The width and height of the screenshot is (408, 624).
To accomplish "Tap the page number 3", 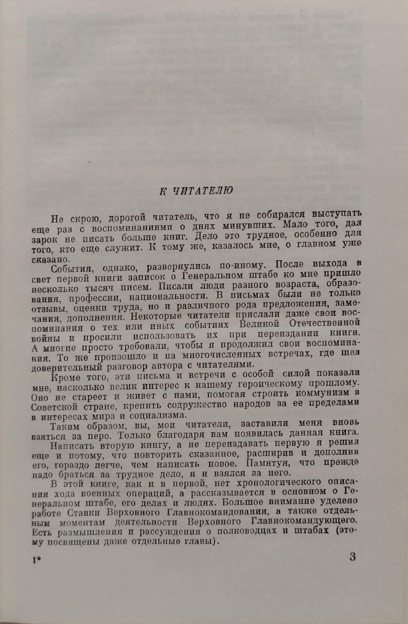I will pyautogui.click(x=352, y=557).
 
